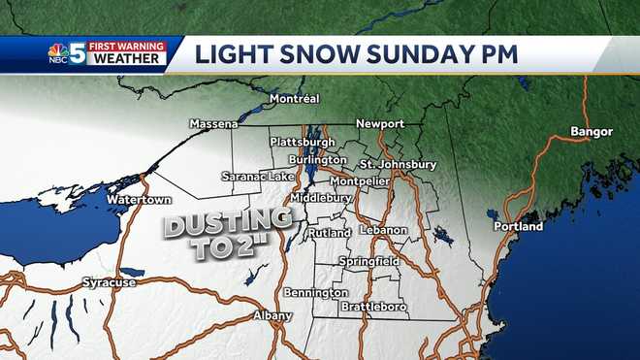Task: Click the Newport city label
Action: click(379, 124)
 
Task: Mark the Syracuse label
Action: click(105, 281)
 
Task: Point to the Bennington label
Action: click(316, 292)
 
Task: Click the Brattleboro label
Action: click(373, 308)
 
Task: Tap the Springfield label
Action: click(369, 262)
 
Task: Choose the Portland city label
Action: click(520, 226)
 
